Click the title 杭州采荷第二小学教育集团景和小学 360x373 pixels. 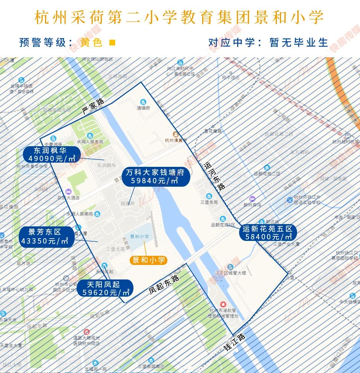[179, 18]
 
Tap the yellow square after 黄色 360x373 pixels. [112, 42]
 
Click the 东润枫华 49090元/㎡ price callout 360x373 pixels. [51, 155]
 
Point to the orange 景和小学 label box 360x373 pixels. [148, 260]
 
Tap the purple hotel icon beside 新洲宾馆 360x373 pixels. [252, 199]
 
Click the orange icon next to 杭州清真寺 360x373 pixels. [175, 134]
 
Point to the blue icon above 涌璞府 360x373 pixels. [143, 102]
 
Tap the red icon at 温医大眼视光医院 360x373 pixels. [87, 331]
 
